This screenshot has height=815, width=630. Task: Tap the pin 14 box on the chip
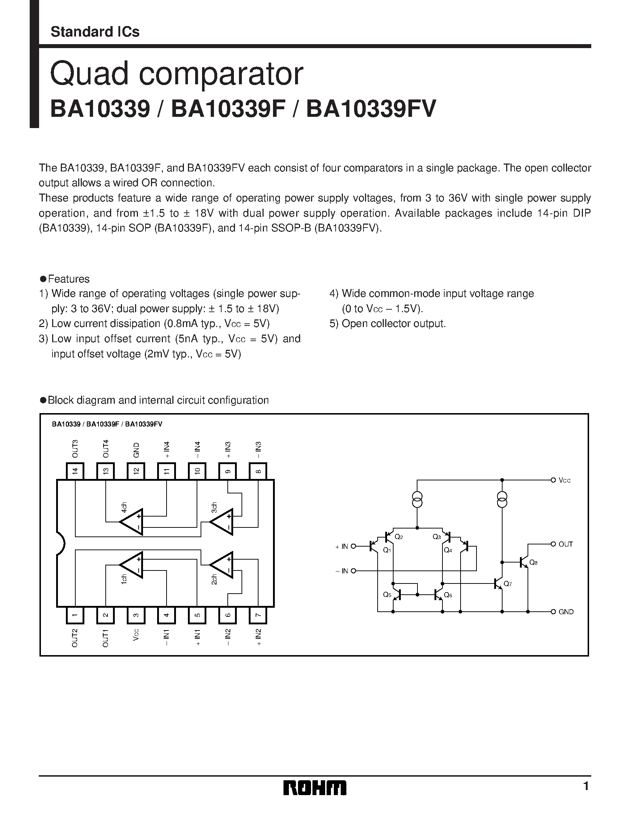75,471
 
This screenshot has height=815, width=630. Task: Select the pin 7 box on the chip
258,615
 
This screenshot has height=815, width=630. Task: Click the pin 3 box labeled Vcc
136,615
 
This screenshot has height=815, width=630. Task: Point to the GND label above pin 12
136,450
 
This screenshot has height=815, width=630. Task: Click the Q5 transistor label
387,594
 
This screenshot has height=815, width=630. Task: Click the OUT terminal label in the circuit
566,544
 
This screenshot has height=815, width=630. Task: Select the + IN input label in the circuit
342,547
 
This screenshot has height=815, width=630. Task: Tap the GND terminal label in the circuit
566,612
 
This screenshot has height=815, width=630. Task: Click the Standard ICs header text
95,32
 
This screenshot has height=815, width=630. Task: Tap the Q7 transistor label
507,583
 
